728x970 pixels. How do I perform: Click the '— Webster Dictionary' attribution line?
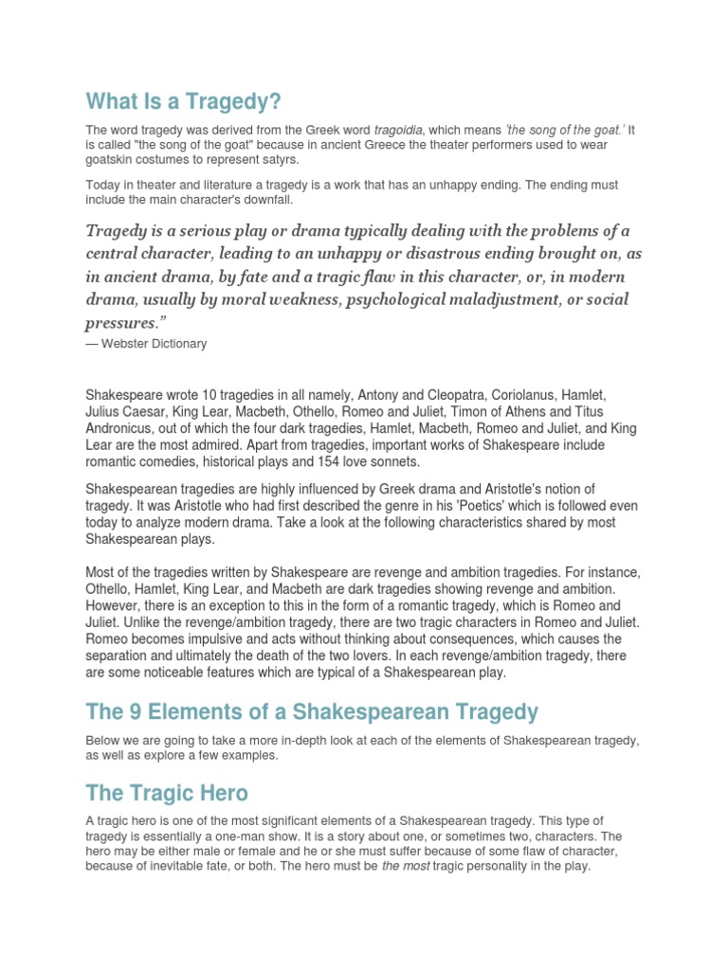(146, 344)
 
